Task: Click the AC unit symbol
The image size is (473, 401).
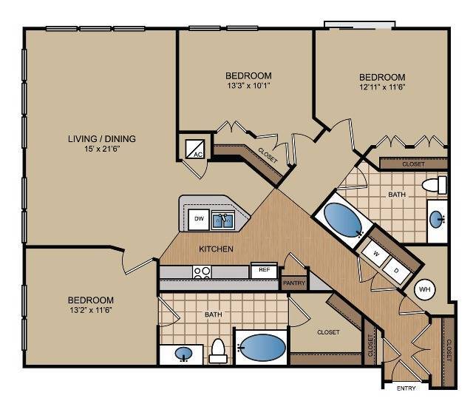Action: pos(194,149)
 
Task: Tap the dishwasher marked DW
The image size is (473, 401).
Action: pos(199,219)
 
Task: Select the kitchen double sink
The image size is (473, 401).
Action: pos(223,220)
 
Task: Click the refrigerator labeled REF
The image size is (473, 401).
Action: pos(264,270)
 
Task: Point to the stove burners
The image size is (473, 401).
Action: pos(202,272)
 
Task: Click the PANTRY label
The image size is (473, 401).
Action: pos(294,283)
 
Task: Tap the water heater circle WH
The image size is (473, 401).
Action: pos(425,289)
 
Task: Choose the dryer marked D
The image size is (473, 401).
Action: pos(397,271)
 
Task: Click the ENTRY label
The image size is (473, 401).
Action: pos(406,388)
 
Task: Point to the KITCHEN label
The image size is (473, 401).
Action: pos(216,249)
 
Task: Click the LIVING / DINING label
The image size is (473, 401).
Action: pos(102,138)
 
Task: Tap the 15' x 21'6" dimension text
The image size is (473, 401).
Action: pos(103,149)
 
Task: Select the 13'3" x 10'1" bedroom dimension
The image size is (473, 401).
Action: pos(248,86)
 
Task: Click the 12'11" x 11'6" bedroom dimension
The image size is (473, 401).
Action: pos(382,87)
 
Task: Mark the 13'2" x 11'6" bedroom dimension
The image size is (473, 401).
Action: pos(90,310)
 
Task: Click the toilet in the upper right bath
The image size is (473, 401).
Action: pos(435,185)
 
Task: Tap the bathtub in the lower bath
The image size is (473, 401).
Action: pos(262,347)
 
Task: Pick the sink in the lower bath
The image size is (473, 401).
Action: pos(183,354)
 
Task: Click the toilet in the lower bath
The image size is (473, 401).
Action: pos(218,351)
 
